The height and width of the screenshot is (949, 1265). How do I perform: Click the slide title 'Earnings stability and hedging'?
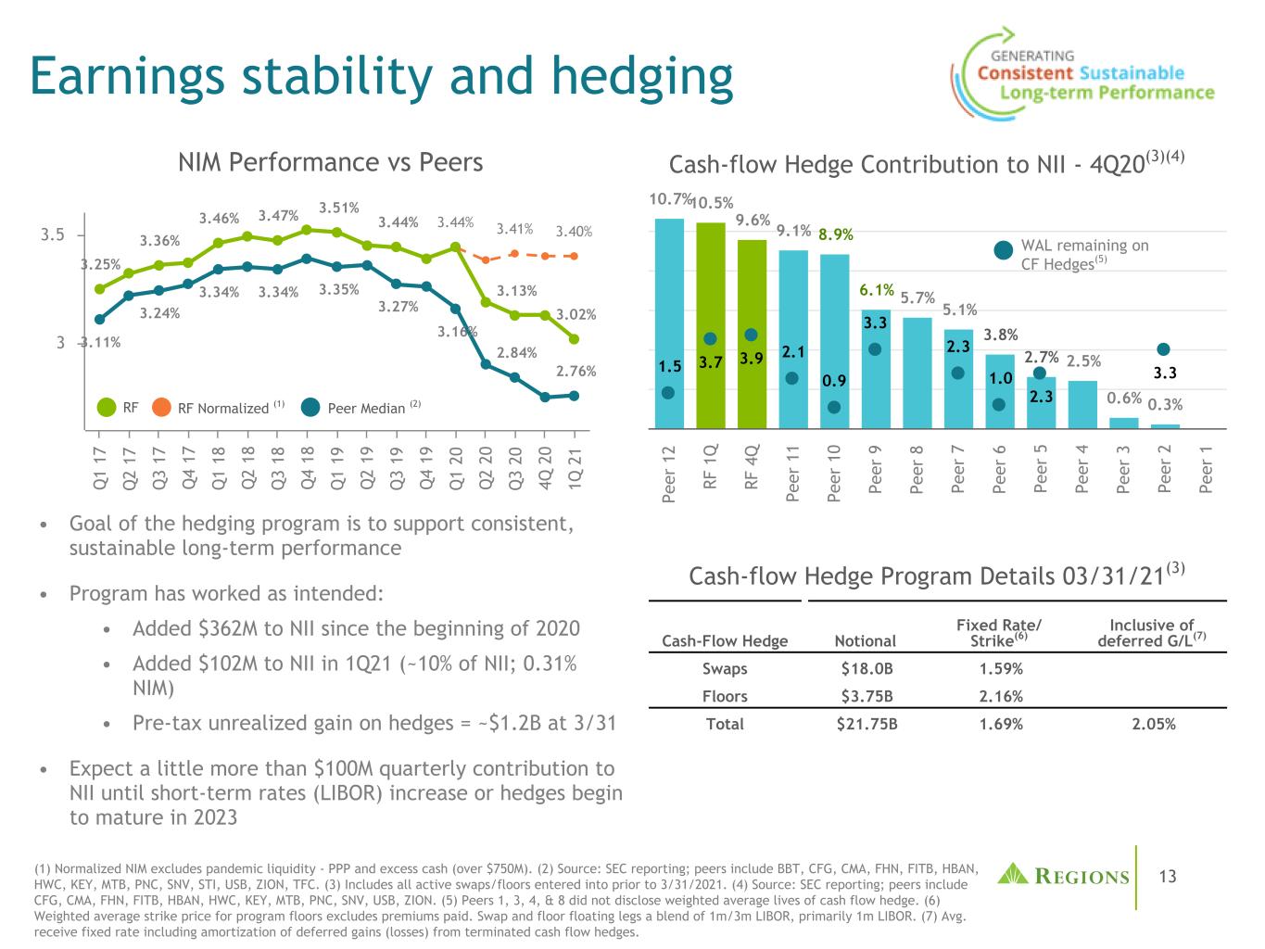click(381, 76)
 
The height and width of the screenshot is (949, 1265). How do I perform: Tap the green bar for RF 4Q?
click(752, 334)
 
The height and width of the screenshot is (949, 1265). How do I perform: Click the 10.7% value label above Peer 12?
click(669, 199)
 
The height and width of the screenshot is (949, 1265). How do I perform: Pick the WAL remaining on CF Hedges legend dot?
click(1003, 250)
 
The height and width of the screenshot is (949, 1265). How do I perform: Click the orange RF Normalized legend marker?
click(161, 407)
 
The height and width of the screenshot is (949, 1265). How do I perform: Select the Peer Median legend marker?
click(311, 407)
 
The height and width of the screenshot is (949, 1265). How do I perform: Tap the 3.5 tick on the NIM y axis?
click(52, 234)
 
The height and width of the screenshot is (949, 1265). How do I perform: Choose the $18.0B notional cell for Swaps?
click(865, 668)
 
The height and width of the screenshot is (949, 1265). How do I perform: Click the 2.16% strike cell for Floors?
click(1001, 696)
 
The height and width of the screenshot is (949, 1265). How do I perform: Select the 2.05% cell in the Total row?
click(1153, 724)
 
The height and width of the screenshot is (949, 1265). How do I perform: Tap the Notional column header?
click(865, 640)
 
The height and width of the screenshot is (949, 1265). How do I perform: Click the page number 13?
click(1167, 876)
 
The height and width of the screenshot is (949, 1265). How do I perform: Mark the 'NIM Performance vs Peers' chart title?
click(330, 163)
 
